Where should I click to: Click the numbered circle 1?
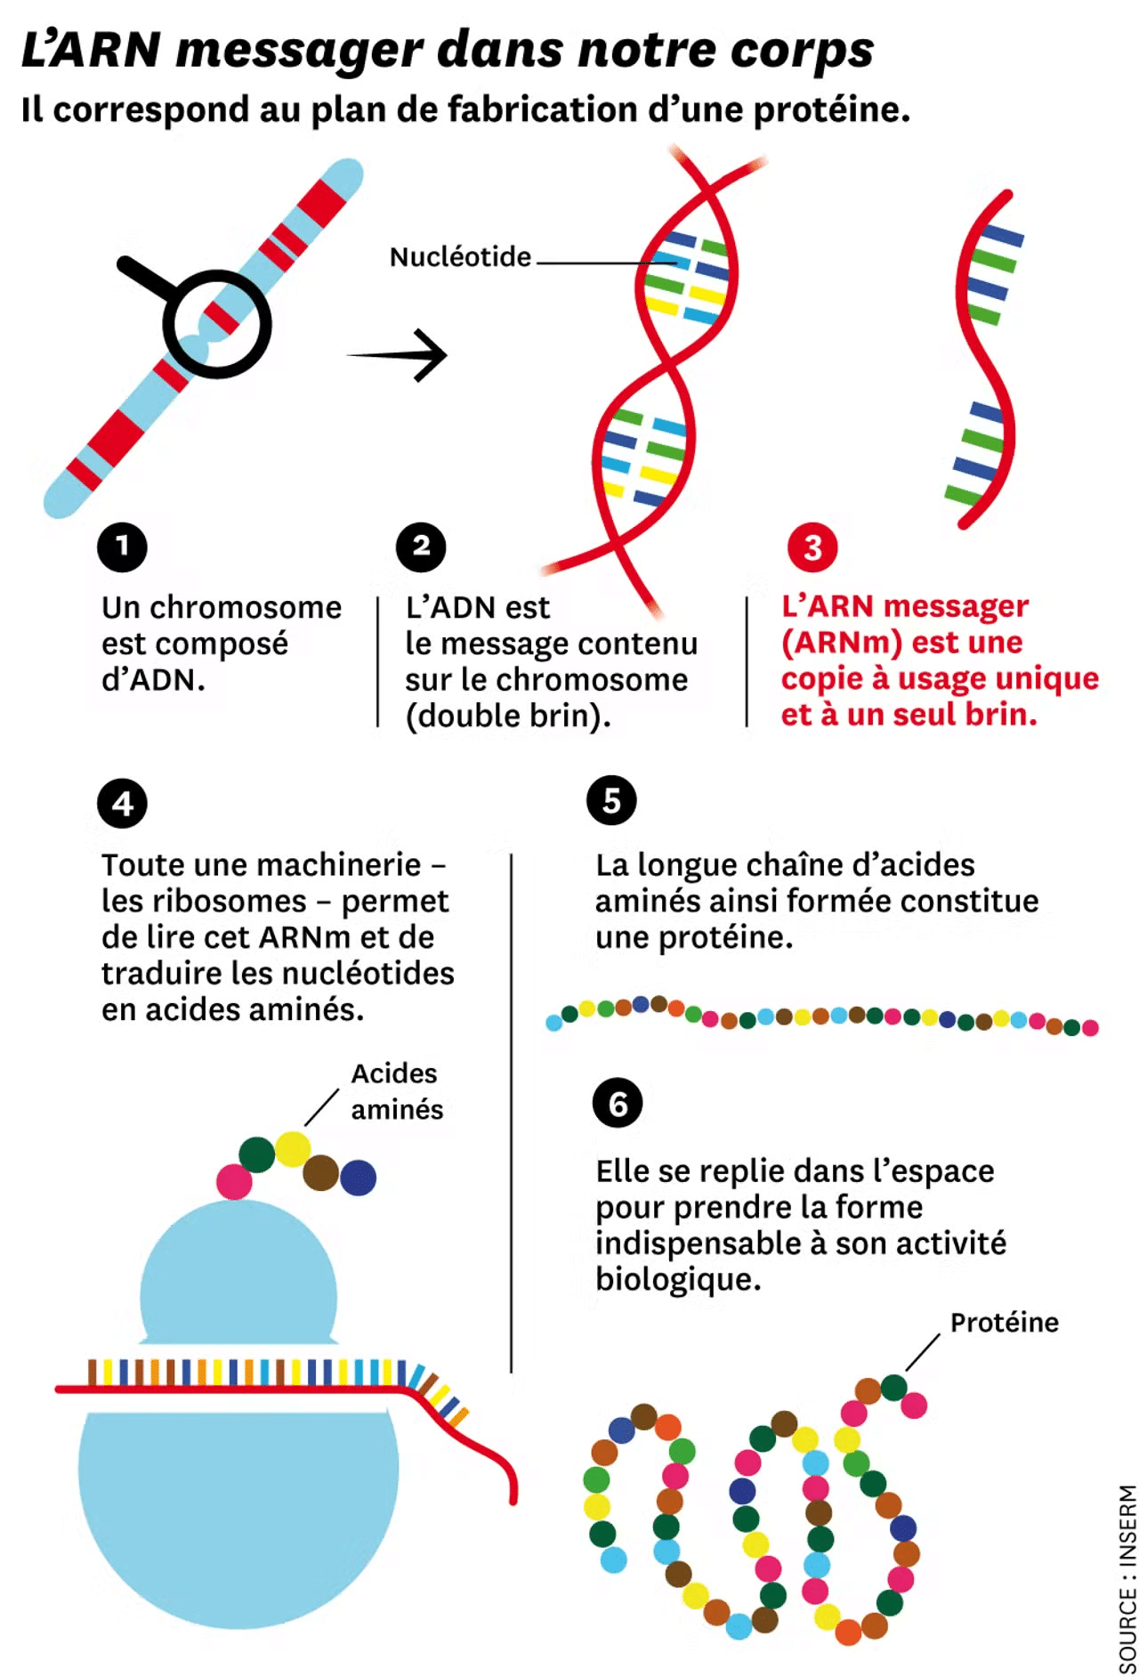[x=122, y=547]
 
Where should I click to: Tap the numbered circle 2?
[x=421, y=547]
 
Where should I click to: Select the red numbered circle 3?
[x=812, y=547]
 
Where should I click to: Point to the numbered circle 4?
[x=122, y=804]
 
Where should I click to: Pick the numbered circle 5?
[x=611, y=800]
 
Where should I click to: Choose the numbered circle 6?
[x=618, y=1104]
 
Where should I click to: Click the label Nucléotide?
[x=460, y=257]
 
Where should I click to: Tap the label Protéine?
[x=1005, y=1323]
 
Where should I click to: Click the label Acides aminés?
[x=397, y=1091]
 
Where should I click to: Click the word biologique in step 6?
[x=678, y=1279]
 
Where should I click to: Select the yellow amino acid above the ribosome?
[x=293, y=1148]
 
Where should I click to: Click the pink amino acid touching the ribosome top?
[x=234, y=1182]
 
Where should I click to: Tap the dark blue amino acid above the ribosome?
[x=358, y=1178]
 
